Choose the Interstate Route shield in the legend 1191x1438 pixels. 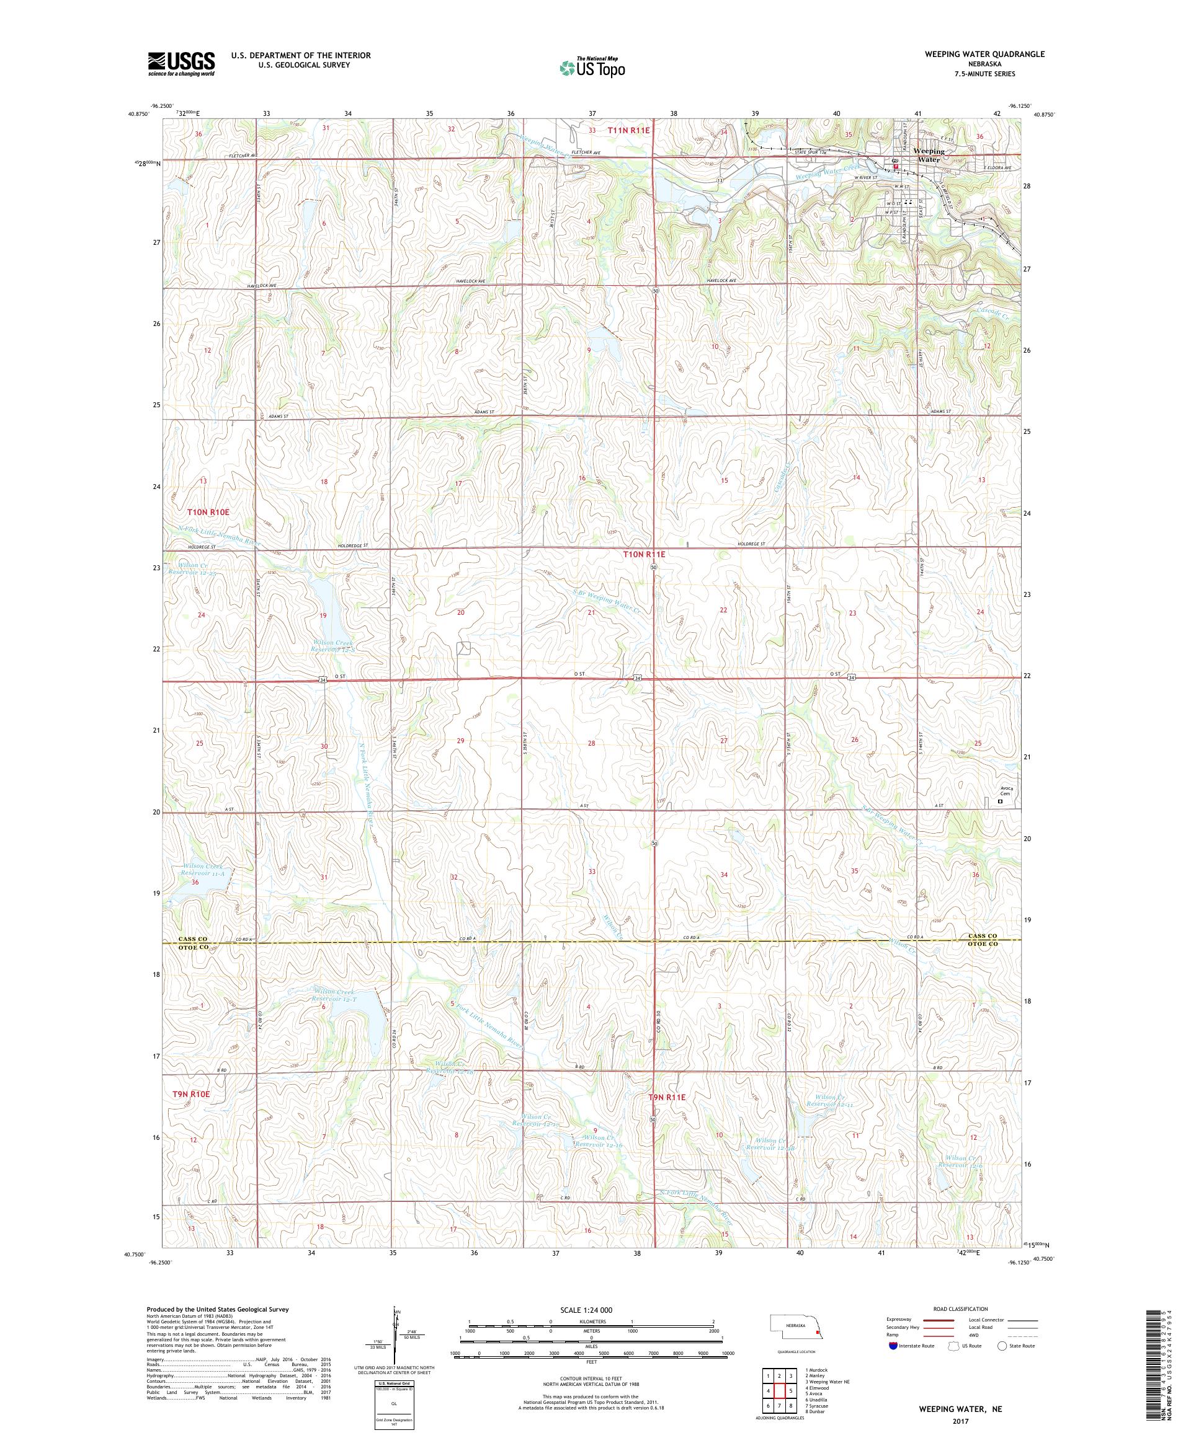pyautogui.click(x=892, y=1346)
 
